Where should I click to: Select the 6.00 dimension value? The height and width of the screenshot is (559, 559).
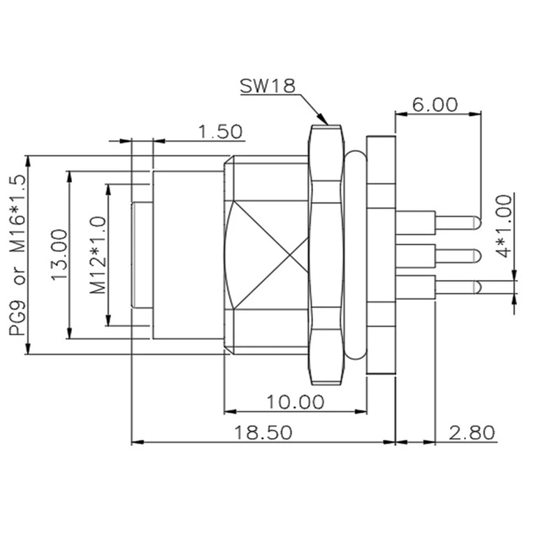(435, 105)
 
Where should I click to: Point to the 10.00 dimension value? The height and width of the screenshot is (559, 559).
(295, 402)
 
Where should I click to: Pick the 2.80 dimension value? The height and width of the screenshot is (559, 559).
(472, 433)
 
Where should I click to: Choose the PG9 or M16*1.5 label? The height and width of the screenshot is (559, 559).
(19, 255)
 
